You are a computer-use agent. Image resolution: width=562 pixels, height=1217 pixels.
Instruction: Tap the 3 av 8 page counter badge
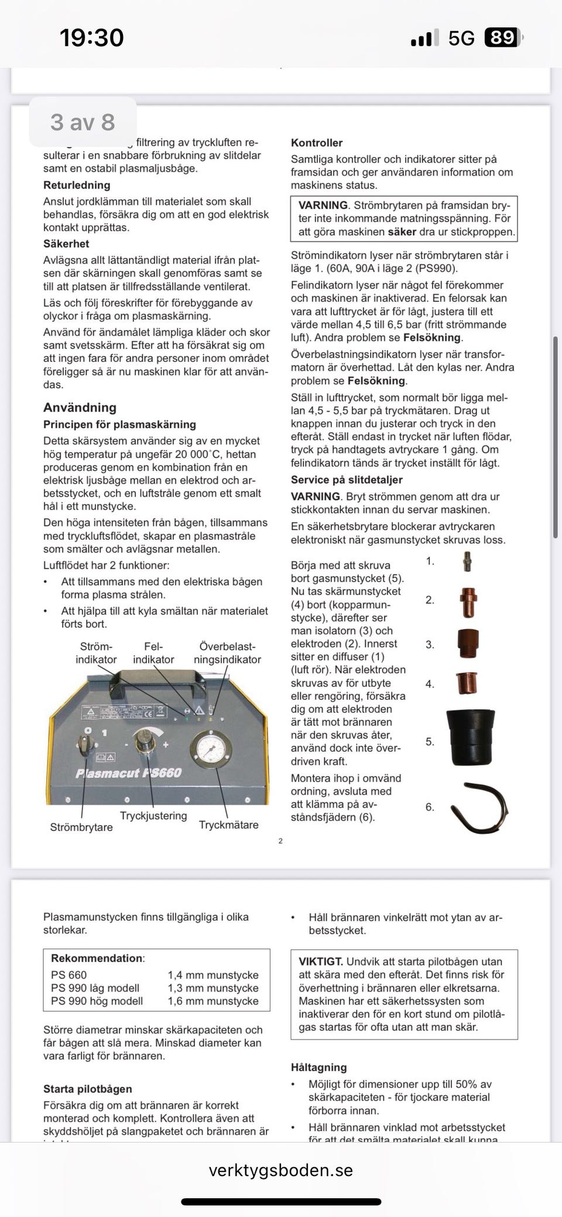click(83, 122)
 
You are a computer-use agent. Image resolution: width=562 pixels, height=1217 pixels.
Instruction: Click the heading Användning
click(80, 408)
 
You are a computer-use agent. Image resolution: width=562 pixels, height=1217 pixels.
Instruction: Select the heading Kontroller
click(317, 143)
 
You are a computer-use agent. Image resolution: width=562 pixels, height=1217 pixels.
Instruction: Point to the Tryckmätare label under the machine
click(228, 825)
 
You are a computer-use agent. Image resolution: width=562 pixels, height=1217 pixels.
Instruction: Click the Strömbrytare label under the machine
click(81, 828)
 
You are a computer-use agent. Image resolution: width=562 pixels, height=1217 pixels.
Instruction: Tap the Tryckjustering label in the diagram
click(153, 815)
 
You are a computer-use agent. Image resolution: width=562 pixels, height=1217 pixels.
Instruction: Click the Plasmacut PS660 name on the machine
click(128, 773)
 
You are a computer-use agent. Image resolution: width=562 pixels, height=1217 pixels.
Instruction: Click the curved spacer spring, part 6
click(479, 808)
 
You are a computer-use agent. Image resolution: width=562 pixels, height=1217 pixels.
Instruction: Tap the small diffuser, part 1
click(467, 561)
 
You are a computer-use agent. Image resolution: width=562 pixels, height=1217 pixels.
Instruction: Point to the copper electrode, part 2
click(468, 602)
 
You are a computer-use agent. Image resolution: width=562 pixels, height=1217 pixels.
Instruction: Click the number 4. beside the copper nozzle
click(430, 684)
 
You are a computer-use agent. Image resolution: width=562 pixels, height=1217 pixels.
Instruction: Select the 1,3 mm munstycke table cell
click(213, 988)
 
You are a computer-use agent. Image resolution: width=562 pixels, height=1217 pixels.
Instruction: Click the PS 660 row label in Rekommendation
click(69, 975)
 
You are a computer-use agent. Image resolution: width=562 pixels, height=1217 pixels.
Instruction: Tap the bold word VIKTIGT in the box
click(320, 962)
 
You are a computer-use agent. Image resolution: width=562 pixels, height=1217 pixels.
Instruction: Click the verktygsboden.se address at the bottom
click(281, 1170)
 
